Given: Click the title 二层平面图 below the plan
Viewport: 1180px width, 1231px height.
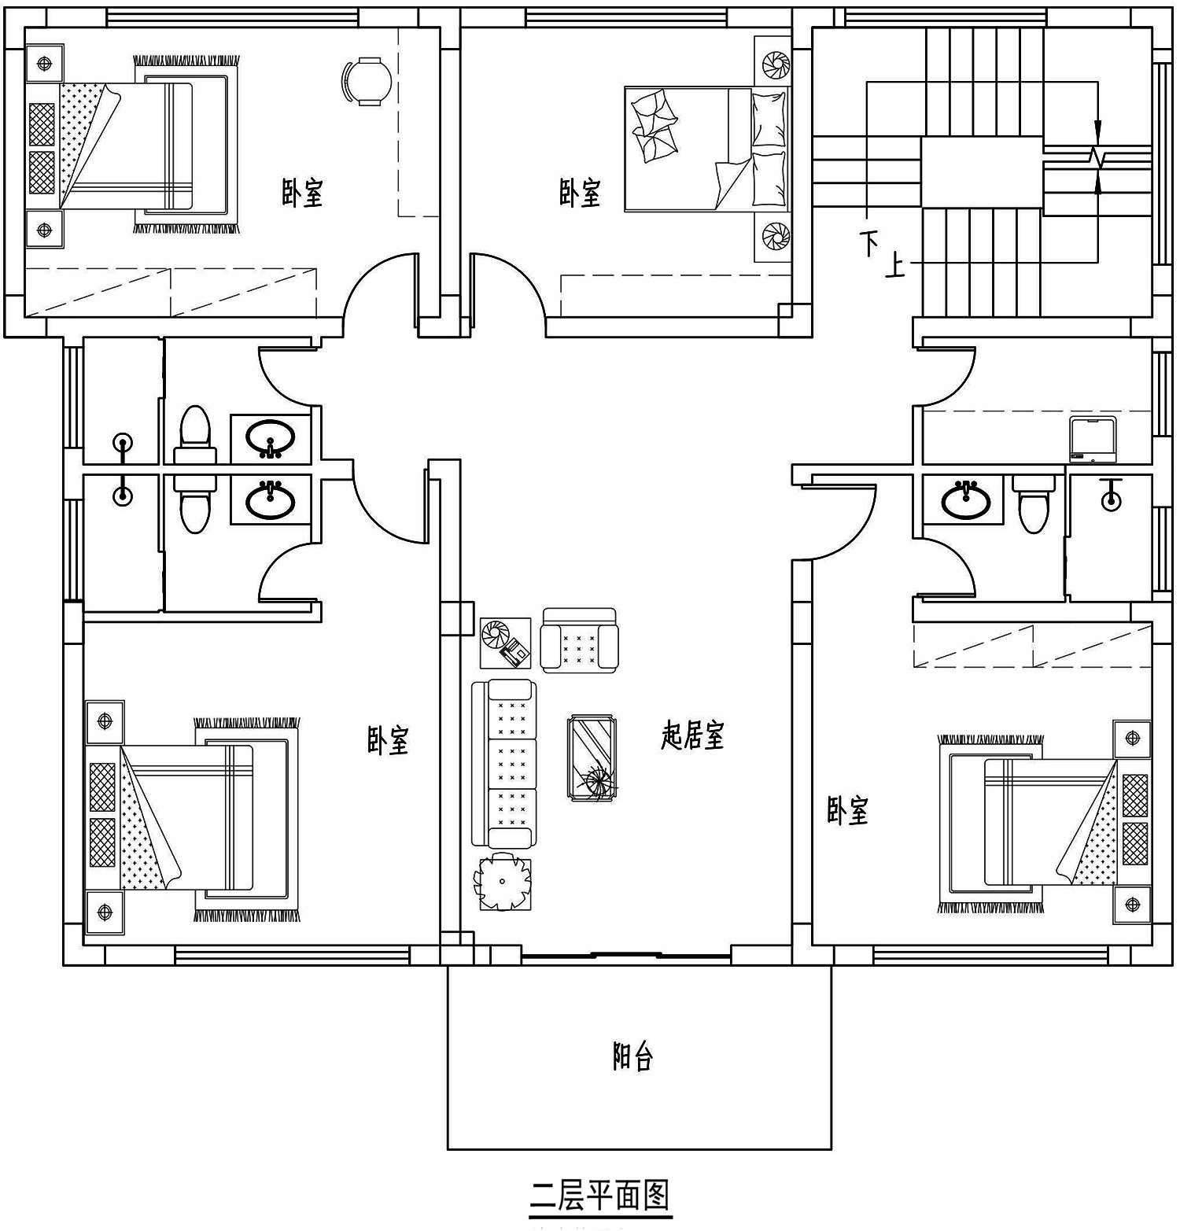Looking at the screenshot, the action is (x=600, y=1196).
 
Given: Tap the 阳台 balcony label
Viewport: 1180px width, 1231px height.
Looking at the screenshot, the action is (x=633, y=1057).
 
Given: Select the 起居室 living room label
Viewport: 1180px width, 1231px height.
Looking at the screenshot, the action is (x=692, y=735).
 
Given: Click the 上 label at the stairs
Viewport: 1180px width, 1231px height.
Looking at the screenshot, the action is (x=895, y=266).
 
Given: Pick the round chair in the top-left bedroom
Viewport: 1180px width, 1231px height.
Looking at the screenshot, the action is (x=367, y=80).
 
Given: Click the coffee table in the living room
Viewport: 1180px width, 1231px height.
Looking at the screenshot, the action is (x=593, y=758).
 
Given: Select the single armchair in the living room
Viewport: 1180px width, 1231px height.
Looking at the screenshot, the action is (x=579, y=639).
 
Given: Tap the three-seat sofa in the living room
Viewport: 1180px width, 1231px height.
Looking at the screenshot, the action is (x=504, y=765).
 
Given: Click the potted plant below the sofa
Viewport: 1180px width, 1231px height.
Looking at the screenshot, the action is (x=502, y=883).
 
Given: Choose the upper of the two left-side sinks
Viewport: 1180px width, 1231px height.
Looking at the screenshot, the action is (x=270, y=437).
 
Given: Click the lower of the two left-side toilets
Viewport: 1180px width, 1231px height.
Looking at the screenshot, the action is (x=194, y=503).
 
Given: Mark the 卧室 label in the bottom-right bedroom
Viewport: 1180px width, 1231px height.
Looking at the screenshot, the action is (x=847, y=810).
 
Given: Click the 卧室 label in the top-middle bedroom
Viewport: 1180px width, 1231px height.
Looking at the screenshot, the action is (x=580, y=193).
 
